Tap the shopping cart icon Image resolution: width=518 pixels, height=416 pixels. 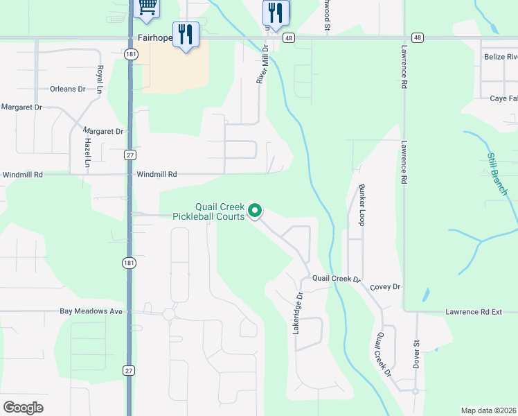[147, 6]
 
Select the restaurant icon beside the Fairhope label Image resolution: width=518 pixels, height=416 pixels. [185, 34]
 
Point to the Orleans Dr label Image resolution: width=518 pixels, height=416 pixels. [67, 89]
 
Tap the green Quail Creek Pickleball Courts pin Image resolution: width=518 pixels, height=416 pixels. [255, 210]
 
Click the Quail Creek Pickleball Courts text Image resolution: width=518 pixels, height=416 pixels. [220, 211]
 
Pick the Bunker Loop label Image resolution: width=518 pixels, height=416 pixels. [361, 205]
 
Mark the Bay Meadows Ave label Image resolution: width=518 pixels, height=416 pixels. [91, 312]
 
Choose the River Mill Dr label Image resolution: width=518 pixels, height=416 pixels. [262, 64]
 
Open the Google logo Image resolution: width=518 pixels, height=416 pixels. [23, 408]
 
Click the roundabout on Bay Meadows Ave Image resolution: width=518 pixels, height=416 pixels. [169, 314]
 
